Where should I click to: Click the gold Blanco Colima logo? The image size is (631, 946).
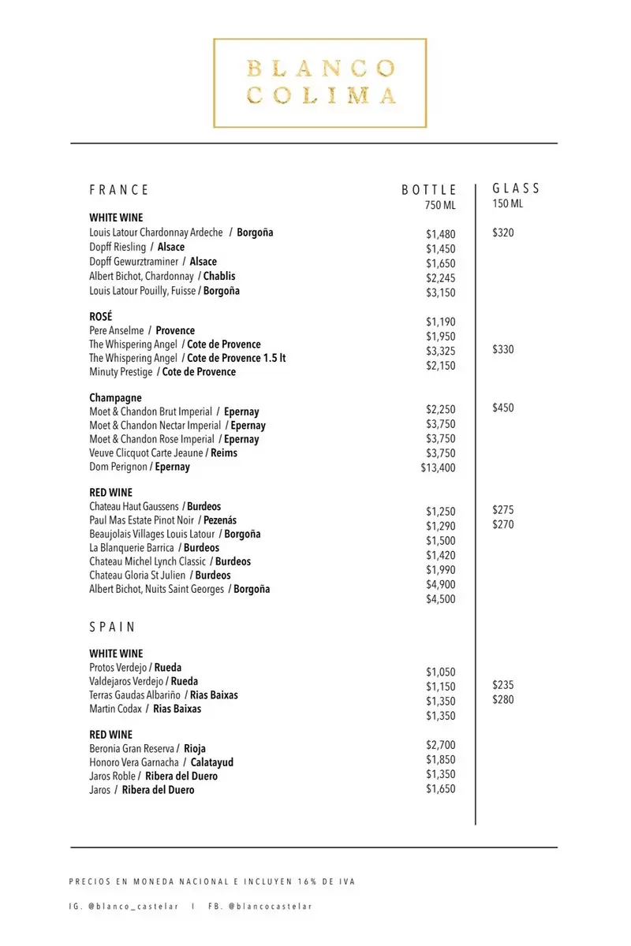point(320,82)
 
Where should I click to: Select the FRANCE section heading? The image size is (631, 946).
point(119,190)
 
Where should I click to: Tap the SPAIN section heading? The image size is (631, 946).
point(113,628)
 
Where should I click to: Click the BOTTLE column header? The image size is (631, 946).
point(429,190)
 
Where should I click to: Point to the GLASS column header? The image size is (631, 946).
point(517,188)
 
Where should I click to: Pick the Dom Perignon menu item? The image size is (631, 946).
point(140,467)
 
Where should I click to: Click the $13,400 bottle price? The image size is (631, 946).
point(439,468)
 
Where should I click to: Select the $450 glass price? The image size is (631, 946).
point(503,408)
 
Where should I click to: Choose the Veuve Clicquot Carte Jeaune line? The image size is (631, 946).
point(163,453)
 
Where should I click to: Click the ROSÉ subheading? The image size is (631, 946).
point(102,316)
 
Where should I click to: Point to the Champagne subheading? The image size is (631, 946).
point(115,398)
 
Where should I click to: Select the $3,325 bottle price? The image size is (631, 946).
point(441,351)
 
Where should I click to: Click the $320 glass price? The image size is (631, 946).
point(503,233)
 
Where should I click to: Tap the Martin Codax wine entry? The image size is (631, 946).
point(145,709)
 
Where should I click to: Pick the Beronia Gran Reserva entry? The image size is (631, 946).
point(147,748)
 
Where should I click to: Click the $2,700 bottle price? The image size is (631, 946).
point(441,745)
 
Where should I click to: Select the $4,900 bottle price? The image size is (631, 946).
point(441,584)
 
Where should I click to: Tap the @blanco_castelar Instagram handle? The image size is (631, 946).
point(134,907)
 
